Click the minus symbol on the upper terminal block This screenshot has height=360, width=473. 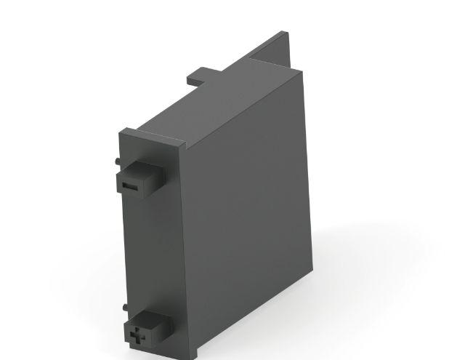130,185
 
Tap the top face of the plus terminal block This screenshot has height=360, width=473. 145,318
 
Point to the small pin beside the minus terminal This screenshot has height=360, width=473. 117,159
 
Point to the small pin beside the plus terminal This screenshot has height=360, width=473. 124,306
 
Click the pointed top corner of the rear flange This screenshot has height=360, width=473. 283,33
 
